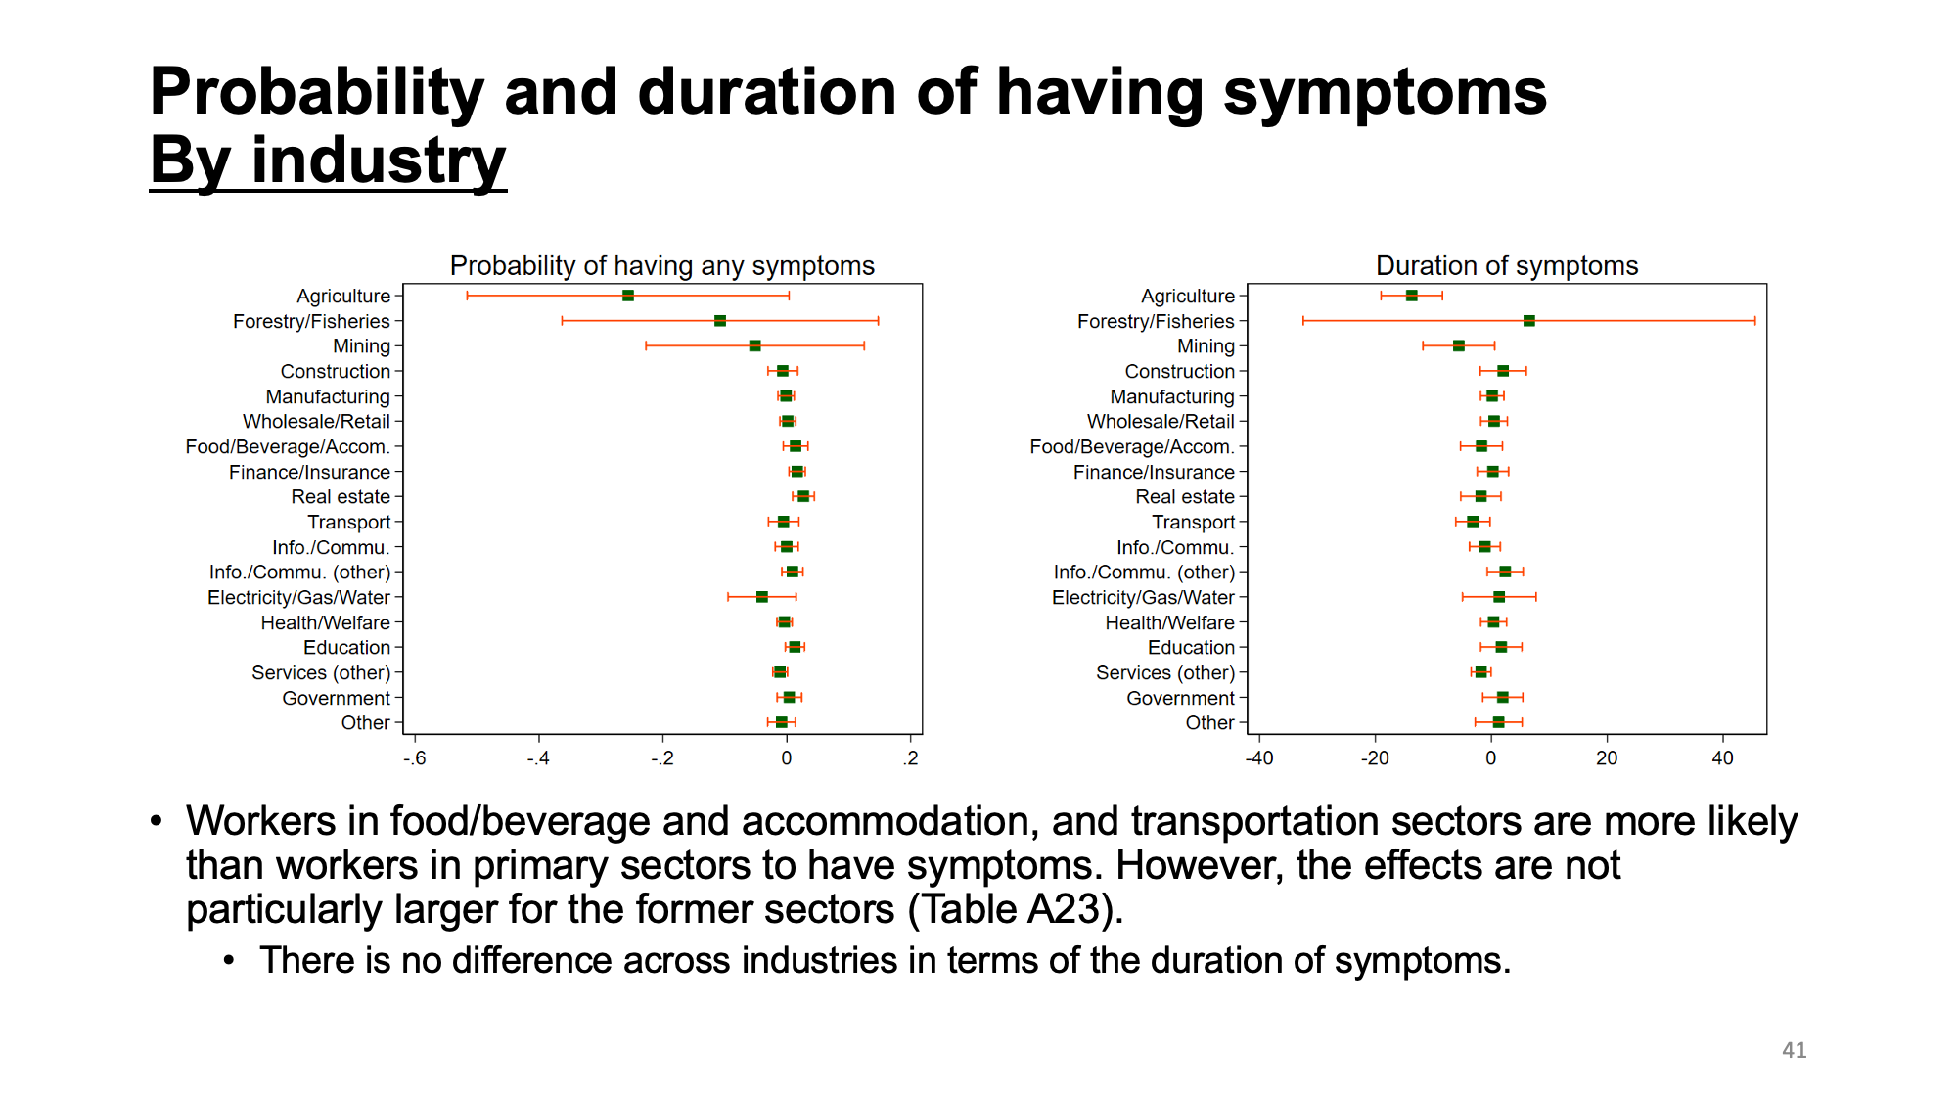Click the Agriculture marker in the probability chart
click(x=627, y=296)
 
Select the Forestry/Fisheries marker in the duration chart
click(x=1528, y=321)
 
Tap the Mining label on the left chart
click(x=361, y=346)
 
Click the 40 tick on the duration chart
click(x=1722, y=758)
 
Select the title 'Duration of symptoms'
click(x=1507, y=266)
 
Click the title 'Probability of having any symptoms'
click(x=662, y=266)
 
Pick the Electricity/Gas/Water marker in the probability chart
click(x=761, y=597)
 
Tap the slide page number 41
click(x=1794, y=1050)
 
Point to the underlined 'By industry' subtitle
click(x=328, y=161)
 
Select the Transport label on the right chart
click(x=1193, y=523)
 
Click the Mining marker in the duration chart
click(x=1458, y=345)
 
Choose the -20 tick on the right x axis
click(x=1375, y=758)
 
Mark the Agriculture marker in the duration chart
click(x=1411, y=296)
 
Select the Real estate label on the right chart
click(x=1185, y=497)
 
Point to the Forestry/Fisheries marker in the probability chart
click(x=720, y=321)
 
